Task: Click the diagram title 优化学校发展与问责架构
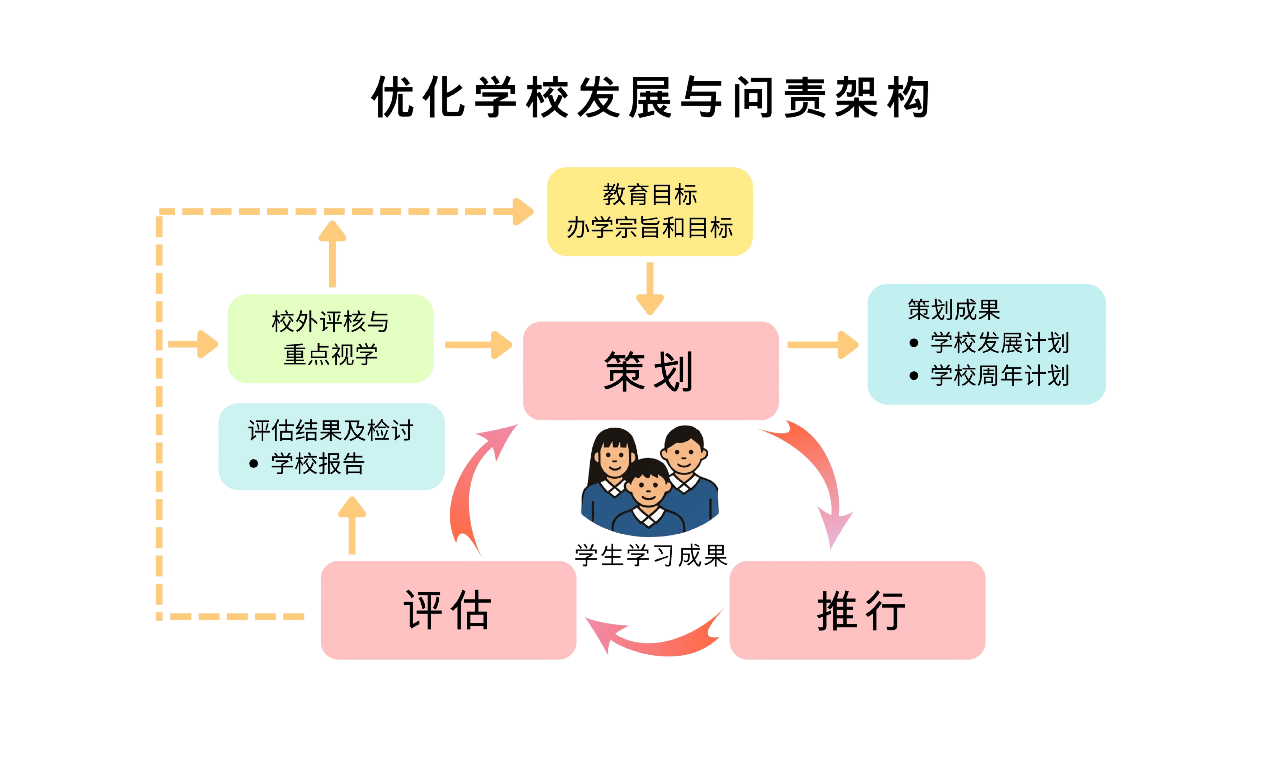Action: point(650,97)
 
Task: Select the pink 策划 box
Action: point(650,371)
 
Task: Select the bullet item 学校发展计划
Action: point(999,343)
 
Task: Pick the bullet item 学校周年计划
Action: point(999,376)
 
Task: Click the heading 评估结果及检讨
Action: point(331,430)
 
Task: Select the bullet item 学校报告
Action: point(317,464)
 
